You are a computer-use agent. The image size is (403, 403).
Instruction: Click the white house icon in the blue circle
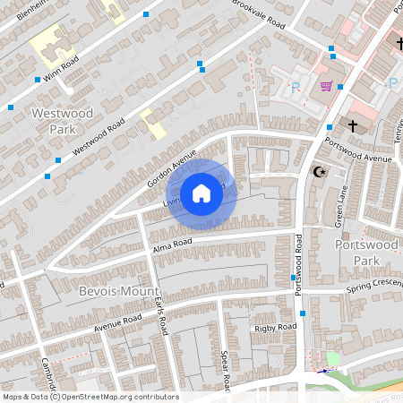(201, 193)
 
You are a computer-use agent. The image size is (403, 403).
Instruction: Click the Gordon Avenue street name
(171, 167)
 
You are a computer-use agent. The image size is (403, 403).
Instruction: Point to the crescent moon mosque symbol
(316, 170)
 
